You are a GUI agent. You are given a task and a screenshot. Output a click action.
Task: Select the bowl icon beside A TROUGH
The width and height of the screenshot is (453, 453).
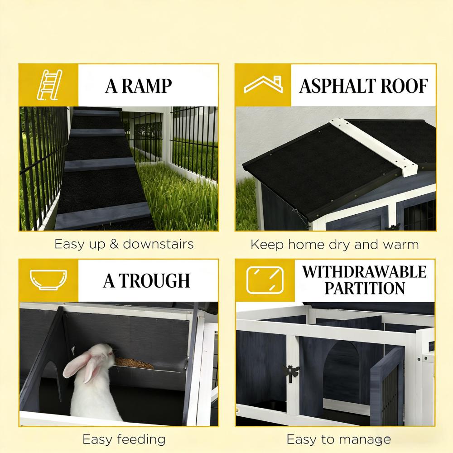(48, 280)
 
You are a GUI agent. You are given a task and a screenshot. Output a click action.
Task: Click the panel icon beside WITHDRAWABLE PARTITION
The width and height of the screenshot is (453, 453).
(265, 280)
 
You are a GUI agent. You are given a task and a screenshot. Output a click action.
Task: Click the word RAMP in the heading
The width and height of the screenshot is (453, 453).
(148, 86)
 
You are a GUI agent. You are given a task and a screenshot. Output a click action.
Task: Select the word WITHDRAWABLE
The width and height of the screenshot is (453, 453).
(364, 272)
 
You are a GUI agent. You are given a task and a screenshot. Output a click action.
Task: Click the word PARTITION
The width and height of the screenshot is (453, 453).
(365, 288)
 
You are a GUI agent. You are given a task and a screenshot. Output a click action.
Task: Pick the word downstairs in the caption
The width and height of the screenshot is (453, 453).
(158, 244)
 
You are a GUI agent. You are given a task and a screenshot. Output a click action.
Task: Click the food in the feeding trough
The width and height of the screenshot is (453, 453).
(134, 362)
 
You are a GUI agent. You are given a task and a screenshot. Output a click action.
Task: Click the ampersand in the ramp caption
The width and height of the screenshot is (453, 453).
(114, 244)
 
